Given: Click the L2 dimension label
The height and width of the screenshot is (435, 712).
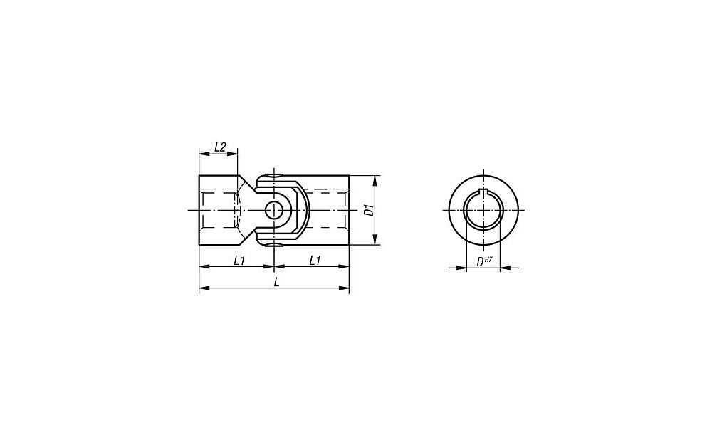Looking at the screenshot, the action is click(x=220, y=147).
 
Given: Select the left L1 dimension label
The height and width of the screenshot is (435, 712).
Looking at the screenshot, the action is click(x=239, y=261).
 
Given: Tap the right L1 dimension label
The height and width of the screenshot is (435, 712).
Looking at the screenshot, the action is click(x=315, y=261).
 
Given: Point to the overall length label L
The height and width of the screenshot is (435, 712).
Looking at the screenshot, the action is click(x=276, y=282).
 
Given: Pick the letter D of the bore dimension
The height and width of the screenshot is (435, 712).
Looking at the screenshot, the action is click(x=479, y=262).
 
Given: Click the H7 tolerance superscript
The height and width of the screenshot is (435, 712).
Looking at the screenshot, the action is click(x=488, y=260).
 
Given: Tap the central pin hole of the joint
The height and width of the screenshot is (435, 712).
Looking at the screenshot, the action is click(x=274, y=210).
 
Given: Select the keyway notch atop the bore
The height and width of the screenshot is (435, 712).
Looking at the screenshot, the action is click(x=484, y=192).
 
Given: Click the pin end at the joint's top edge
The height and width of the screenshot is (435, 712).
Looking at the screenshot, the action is click(x=274, y=175).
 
